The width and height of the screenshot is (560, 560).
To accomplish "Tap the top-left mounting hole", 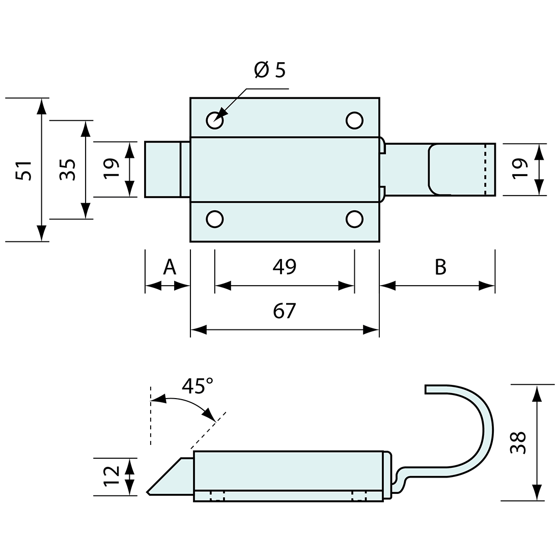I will pyautogui.click(x=215, y=120).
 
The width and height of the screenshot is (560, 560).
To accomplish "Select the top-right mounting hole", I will pyautogui.click(x=354, y=120).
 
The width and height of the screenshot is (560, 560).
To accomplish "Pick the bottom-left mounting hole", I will pyautogui.click(x=215, y=219).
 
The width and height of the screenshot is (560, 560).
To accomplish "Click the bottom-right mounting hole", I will pyautogui.click(x=354, y=219).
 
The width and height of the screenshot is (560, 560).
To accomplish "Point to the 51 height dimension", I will pyautogui.click(x=24, y=170).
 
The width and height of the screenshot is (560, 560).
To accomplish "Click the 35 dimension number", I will pyautogui.click(x=68, y=170).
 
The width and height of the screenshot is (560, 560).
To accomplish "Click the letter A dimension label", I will pyautogui.click(x=169, y=267).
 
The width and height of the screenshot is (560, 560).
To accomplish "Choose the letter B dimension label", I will pyautogui.click(x=440, y=267).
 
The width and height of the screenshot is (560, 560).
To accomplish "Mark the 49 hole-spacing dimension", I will pyautogui.click(x=284, y=267).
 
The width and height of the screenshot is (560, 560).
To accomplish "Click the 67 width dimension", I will pyautogui.click(x=284, y=311).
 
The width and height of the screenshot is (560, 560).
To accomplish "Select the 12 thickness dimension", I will pyautogui.click(x=111, y=477).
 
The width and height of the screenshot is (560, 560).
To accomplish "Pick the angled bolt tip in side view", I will pyautogui.click(x=165, y=478).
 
